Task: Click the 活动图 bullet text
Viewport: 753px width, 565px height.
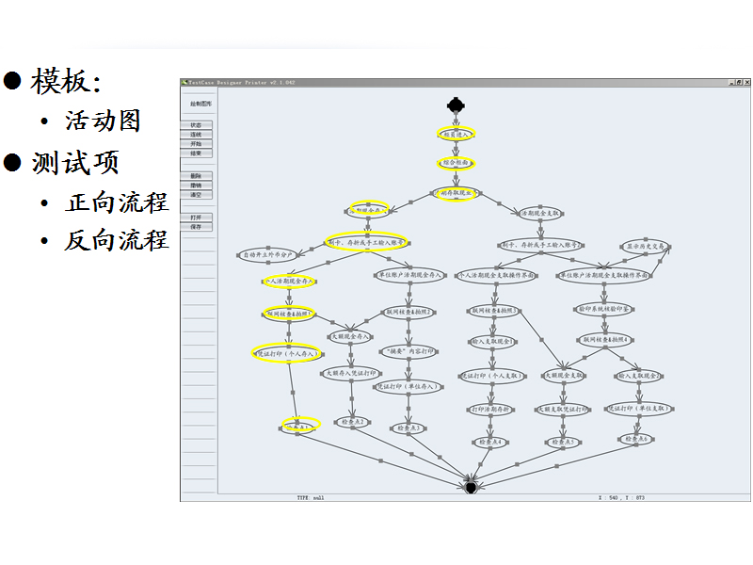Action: click(103, 121)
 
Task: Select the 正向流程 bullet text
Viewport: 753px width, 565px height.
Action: click(117, 202)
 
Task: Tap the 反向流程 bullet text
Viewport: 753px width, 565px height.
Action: click(117, 240)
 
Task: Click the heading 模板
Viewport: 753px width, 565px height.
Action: click(65, 81)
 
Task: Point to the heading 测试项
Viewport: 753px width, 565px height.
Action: click(75, 162)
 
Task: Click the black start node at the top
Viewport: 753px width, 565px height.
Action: click(456, 104)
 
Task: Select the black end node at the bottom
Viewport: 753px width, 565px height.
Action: click(471, 486)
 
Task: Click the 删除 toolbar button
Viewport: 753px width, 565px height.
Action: click(197, 176)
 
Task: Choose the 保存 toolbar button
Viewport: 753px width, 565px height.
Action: click(197, 227)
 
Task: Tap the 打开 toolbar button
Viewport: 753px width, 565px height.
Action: click(197, 218)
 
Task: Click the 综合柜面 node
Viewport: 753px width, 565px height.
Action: click(456, 163)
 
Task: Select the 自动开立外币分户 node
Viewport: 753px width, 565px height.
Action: click(269, 254)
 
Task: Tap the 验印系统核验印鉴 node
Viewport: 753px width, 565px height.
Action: click(603, 308)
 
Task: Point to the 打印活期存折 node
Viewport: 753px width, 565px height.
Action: click(490, 409)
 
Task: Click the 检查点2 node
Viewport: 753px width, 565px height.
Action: click(349, 422)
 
